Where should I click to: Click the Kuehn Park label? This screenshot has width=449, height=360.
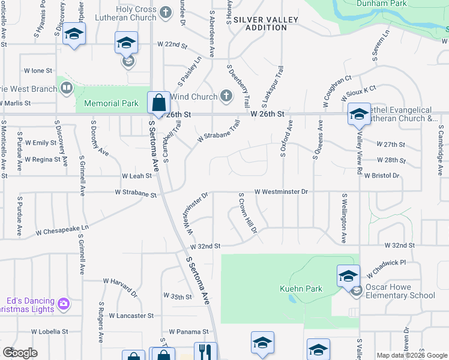pyautogui.click(x=301, y=289)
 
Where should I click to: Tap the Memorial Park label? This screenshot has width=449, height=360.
pyautogui.click(x=111, y=103)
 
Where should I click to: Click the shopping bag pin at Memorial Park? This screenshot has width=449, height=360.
pyautogui.click(x=158, y=103)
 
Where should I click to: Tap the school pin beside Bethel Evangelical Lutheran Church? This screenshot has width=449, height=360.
pyautogui.click(x=359, y=114)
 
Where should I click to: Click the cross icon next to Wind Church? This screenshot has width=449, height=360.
pyautogui.click(x=226, y=96)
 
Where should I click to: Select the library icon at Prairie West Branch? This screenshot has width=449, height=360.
pyautogui.click(x=67, y=89)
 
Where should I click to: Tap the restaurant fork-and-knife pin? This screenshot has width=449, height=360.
pyautogui.click(x=205, y=352)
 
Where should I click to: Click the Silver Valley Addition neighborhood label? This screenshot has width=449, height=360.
pyautogui.click(x=266, y=23)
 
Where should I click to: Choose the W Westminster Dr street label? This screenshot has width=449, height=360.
pyautogui.click(x=281, y=191)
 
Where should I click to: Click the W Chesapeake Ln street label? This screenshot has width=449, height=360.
pyautogui.click(x=62, y=229)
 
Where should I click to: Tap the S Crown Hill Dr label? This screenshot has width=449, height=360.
pyautogui.click(x=248, y=214)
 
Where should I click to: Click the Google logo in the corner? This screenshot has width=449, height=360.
pyautogui.click(x=20, y=353)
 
